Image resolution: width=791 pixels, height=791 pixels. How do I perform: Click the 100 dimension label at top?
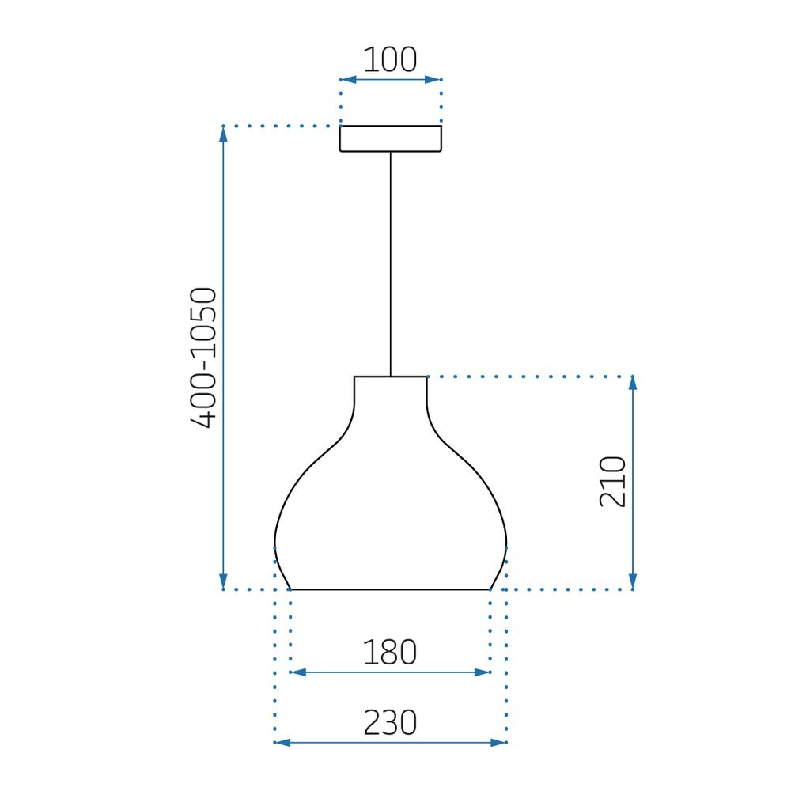click(390, 61)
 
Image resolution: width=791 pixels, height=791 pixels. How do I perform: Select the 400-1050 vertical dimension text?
click(203, 358)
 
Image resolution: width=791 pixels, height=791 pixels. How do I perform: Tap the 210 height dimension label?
click(613, 482)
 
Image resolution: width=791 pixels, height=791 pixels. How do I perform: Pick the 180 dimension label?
click(389, 653)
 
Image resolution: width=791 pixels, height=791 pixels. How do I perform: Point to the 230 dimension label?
click(390, 723)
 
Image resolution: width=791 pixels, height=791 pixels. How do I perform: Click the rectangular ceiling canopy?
click(390, 138)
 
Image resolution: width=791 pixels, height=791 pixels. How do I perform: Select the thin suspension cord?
click(390, 261)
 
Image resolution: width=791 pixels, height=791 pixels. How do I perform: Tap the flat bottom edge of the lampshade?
click(390, 589)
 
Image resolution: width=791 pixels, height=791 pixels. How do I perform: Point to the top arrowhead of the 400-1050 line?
click(224, 134)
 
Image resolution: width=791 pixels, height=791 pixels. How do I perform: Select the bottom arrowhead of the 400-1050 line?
click(224, 581)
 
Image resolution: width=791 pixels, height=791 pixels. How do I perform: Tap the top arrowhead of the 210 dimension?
click(632, 384)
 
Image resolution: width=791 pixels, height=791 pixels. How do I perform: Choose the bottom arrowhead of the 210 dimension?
click(632, 581)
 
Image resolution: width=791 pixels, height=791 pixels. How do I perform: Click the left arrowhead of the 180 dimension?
click(298, 672)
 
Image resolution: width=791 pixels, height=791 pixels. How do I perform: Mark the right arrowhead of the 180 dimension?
click(482, 672)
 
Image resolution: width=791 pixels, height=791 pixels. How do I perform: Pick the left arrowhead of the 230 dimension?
click(282, 743)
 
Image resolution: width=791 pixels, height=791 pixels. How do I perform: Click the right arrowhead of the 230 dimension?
click(498, 743)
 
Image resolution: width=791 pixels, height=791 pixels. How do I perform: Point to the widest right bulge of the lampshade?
click(505, 544)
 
